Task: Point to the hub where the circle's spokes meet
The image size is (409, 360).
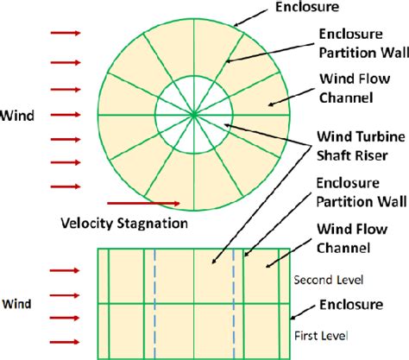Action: (193, 112)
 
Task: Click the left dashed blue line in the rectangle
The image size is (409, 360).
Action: (154, 301)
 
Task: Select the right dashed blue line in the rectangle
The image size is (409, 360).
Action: (235, 301)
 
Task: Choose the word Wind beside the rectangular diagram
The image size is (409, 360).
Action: (18, 303)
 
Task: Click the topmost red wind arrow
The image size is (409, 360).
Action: (66, 34)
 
